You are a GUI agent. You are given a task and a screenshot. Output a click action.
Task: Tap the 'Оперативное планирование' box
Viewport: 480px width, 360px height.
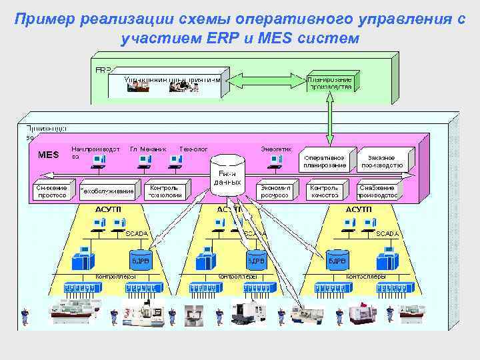[x=325, y=160]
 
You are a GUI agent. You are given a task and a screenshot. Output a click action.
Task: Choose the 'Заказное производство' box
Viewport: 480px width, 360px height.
[x=382, y=160]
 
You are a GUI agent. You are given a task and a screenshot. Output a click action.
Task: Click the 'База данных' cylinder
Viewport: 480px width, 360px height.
[x=227, y=173]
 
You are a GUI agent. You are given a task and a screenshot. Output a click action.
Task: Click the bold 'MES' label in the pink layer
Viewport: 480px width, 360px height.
[x=48, y=155]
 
